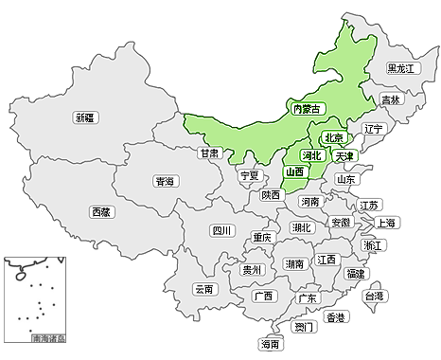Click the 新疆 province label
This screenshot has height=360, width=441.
point(85,117)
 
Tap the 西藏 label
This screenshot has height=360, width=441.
point(101,212)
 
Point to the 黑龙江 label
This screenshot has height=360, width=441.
point(402,68)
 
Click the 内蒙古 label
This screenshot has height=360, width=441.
point(308,110)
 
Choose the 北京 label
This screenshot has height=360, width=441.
point(332,136)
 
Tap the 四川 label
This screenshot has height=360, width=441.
point(221,229)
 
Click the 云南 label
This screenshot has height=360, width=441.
point(204,289)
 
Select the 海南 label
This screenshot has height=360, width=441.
point(271,344)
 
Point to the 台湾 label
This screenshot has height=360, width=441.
point(375,297)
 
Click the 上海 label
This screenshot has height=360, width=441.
point(386,223)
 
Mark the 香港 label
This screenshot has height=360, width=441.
point(335,317)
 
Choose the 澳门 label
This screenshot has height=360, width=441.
point(304,328)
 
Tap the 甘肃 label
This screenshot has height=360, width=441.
point(210,153)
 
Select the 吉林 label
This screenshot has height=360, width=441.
point(391,99)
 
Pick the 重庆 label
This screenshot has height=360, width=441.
point(262,238)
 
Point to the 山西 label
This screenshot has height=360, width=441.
point(294,172)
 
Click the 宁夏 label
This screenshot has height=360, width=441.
point(249,175)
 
